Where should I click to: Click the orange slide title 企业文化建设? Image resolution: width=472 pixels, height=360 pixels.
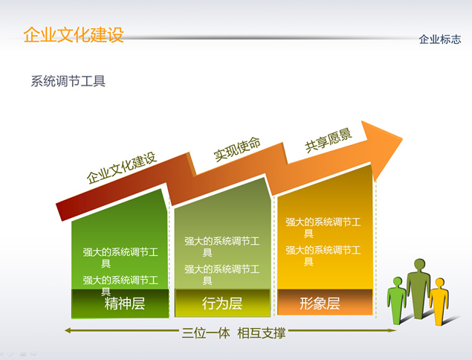tap(74, 35)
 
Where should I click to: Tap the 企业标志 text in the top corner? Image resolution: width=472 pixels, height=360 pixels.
tap(440, 39)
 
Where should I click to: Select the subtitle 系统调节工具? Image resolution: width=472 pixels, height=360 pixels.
tap(68, 81)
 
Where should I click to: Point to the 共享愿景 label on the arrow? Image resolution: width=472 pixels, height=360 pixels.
tap(329, 141)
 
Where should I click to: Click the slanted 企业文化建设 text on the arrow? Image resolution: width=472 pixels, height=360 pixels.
tap(122, 168)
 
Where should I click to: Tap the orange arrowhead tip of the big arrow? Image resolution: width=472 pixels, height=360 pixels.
tap(402, 139)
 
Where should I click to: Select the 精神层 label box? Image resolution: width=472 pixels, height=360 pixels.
tap(120, 303)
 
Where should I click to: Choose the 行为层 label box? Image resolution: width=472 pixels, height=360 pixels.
tap(222, 303)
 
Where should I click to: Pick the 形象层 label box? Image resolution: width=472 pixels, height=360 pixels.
tap(325, 303)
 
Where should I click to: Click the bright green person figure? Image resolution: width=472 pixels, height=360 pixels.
tap(397, 300)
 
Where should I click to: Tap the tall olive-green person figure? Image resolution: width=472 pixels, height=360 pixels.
tap(418, 289)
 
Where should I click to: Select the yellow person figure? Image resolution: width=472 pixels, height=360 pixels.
tap(439, 301)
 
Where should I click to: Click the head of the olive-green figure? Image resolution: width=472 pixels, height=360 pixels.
tap(419, 265)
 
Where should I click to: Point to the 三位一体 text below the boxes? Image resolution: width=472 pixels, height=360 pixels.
tap(206, 333)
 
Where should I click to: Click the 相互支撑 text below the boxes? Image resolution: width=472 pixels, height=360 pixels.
tap(262, 333)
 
